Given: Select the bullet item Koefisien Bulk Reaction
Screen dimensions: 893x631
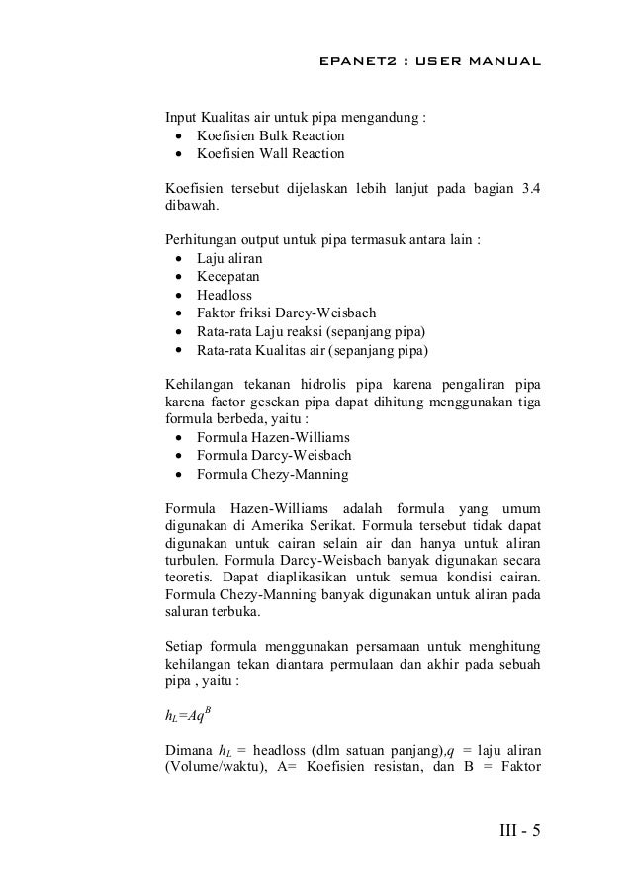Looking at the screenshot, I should (x=270, y=134).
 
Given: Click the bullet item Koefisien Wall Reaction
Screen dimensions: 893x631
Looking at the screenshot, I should (x=270, y=154).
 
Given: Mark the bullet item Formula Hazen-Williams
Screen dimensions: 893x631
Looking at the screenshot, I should (x=273, y=436).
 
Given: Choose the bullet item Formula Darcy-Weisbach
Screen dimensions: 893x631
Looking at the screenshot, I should (x=274, y=455).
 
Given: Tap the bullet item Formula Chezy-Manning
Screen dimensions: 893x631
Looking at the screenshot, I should (x=272, y=474).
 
